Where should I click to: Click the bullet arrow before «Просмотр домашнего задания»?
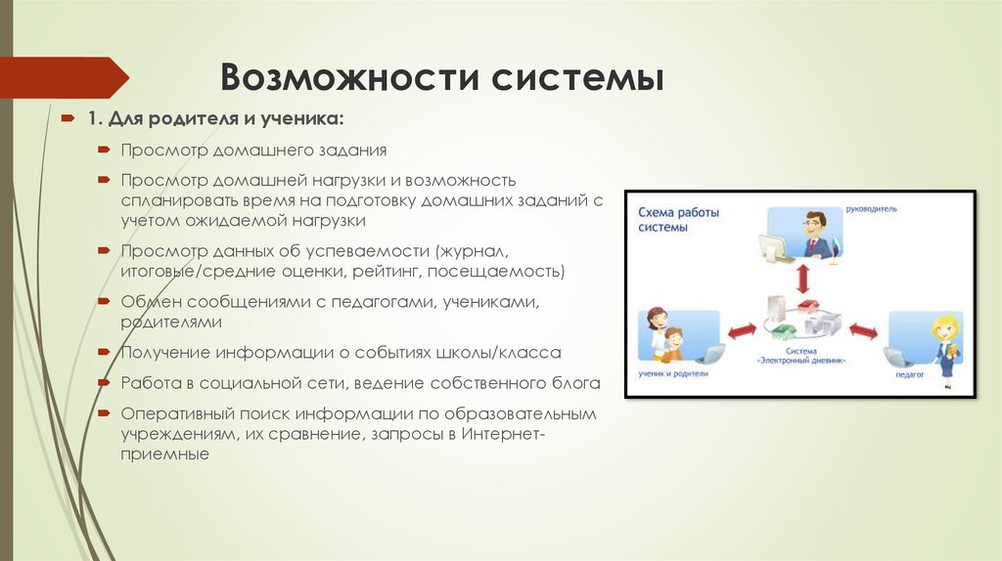[x=104, y=150]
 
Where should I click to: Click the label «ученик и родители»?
[x=673, y=373]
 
